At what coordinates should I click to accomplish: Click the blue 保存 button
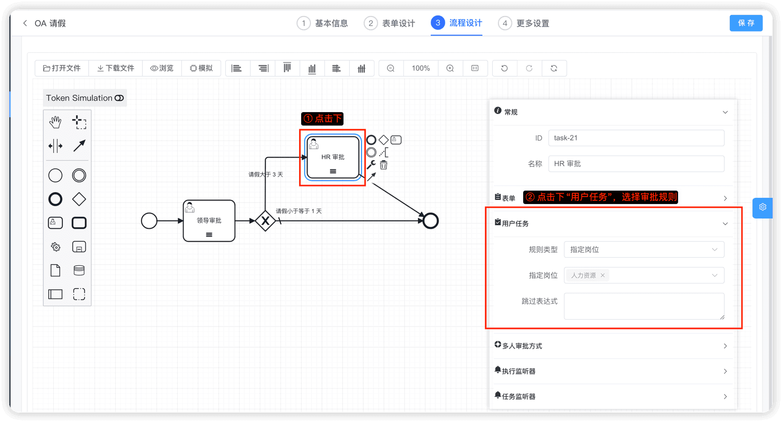(746, 23)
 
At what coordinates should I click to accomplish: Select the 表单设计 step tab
(389, 23)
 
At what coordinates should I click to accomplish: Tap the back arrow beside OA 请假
(25, 23)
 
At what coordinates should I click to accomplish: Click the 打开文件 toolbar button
(62, 68)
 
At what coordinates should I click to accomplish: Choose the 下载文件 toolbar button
(116, 68)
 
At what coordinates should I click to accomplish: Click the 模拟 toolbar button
(201, 68)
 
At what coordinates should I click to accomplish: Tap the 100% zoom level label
(420, 68)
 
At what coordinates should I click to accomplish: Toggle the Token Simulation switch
(119, 98)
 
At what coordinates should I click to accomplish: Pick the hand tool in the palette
(55, 122)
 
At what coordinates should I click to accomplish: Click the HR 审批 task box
(333, 157)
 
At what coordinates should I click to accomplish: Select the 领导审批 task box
(209, 221)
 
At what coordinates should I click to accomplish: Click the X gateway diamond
(265, 221)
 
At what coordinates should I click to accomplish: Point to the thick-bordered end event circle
(430, 221)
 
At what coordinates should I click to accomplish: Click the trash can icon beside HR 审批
(384, 165)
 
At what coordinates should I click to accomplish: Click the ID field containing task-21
(636, 138)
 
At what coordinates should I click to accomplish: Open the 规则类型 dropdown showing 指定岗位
(644, 249)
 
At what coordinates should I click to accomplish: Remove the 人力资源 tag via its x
(603, 275)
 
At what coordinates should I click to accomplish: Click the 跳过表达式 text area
(644, 306)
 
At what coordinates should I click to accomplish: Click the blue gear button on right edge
(762, 207)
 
